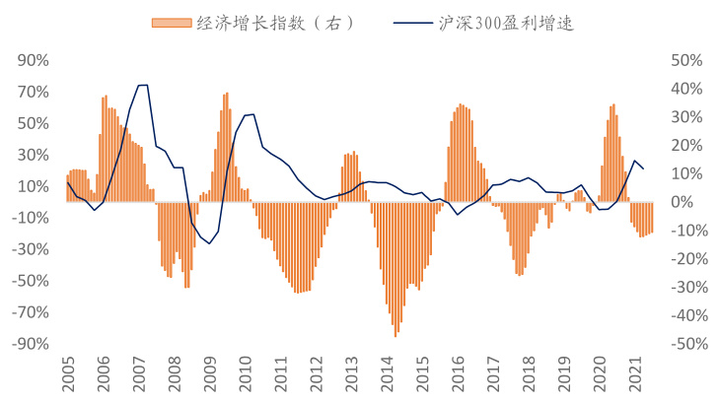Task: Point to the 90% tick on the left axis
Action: point(29,60)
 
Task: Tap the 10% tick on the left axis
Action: point(29,186)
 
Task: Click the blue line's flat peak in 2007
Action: point(143,86)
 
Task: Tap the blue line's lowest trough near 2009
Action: point(209,243)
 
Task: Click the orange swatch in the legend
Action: point(163,22)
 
